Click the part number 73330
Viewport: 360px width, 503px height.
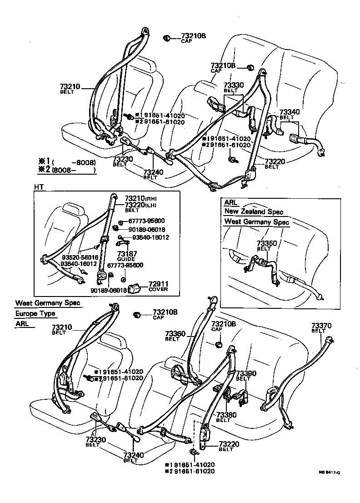233,85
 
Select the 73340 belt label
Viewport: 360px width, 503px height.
289,112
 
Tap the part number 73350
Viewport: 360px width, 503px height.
266,244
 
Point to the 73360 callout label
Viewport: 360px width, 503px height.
175,334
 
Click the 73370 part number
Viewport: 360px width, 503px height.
321,326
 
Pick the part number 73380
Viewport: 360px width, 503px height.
226,415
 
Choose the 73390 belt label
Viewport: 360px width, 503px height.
246,373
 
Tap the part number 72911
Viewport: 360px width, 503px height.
158,283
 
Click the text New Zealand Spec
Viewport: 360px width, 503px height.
253,212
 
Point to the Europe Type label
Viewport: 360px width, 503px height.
35,313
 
